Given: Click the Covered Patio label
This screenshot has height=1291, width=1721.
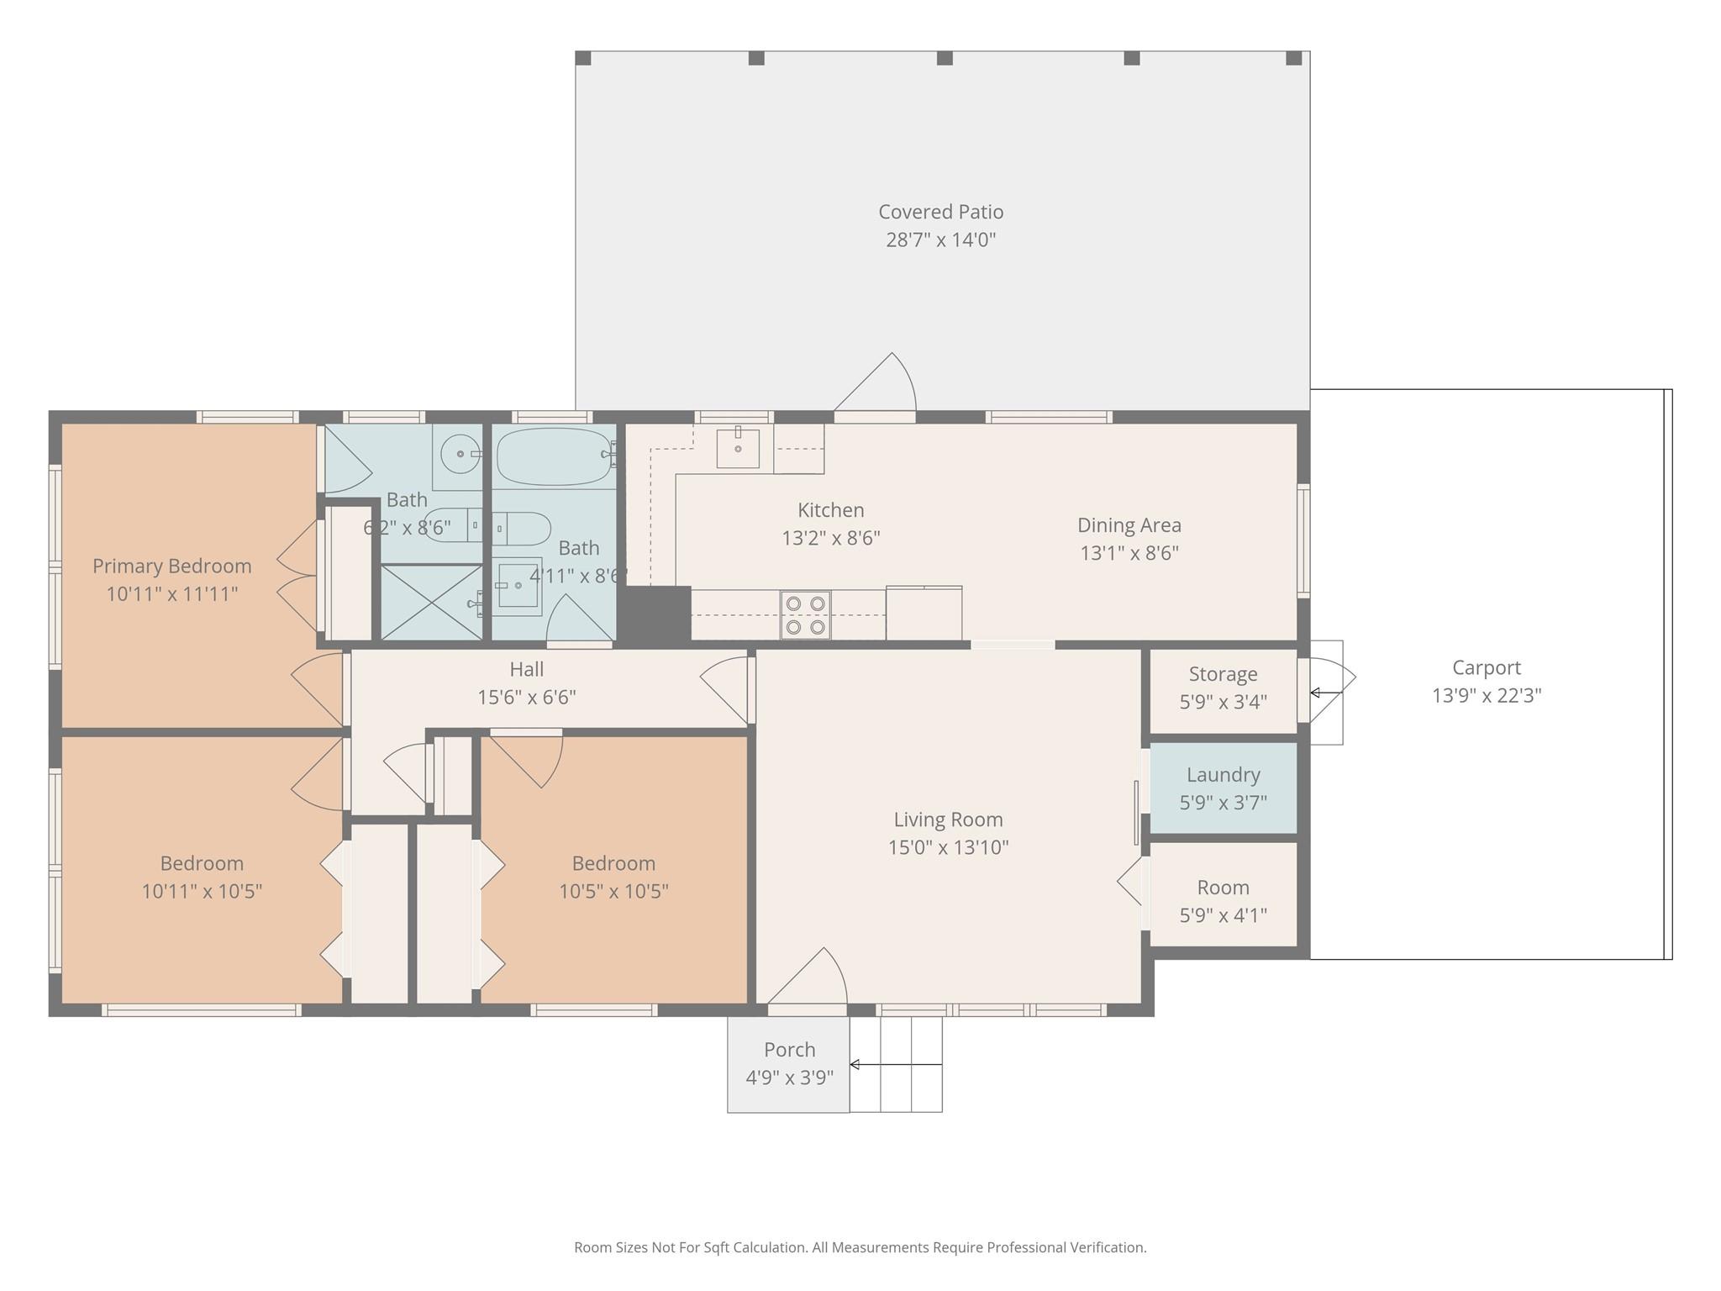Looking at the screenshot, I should [940, 212].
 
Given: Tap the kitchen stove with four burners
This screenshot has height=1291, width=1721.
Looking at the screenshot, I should [805, 614].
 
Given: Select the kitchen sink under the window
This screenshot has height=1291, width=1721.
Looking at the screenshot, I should [738, 447].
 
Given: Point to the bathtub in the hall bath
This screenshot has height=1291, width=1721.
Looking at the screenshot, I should [553, 456].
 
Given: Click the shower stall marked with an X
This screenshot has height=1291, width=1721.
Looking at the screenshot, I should [431, 602].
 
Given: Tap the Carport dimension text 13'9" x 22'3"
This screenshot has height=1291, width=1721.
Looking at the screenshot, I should [1487, 696].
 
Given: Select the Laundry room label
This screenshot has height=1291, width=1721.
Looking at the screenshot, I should [1223, 775].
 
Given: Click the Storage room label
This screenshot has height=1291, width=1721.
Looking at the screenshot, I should [1223, 674].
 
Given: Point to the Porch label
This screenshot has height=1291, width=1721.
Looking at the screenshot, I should [789, 1050].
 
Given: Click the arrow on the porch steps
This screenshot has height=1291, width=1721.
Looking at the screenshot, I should [894, 1065].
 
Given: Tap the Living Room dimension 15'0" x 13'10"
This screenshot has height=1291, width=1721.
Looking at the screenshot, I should [948, 847].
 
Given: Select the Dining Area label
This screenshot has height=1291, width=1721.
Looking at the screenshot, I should [1129, 525].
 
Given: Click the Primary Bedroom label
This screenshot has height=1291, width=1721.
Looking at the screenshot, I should [171, 566].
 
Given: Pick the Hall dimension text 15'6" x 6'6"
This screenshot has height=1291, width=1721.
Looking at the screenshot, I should [527, 698].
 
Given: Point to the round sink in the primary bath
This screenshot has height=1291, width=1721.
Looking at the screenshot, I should [460, 454].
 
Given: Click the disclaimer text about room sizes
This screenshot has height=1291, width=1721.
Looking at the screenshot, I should [860, 1247].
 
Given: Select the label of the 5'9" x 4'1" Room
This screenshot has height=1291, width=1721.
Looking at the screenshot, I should [1223, 888].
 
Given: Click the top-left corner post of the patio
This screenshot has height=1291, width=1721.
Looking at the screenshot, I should [583, 58].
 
